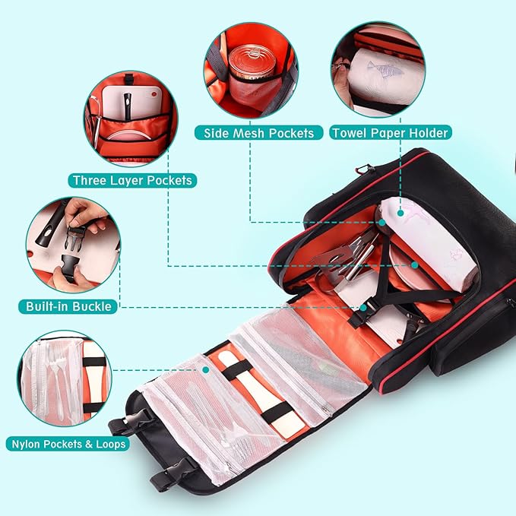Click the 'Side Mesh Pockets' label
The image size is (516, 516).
(x=258, y=133)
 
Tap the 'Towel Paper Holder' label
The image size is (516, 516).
(x=391, y=133)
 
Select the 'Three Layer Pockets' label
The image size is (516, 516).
(x=132, y=180)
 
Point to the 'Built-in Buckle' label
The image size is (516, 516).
(x=68, y=306)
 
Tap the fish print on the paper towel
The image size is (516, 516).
(x=381, y=68)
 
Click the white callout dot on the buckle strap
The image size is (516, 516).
(x=366, y=307)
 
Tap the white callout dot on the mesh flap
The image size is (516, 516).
(x=205, y=370)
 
